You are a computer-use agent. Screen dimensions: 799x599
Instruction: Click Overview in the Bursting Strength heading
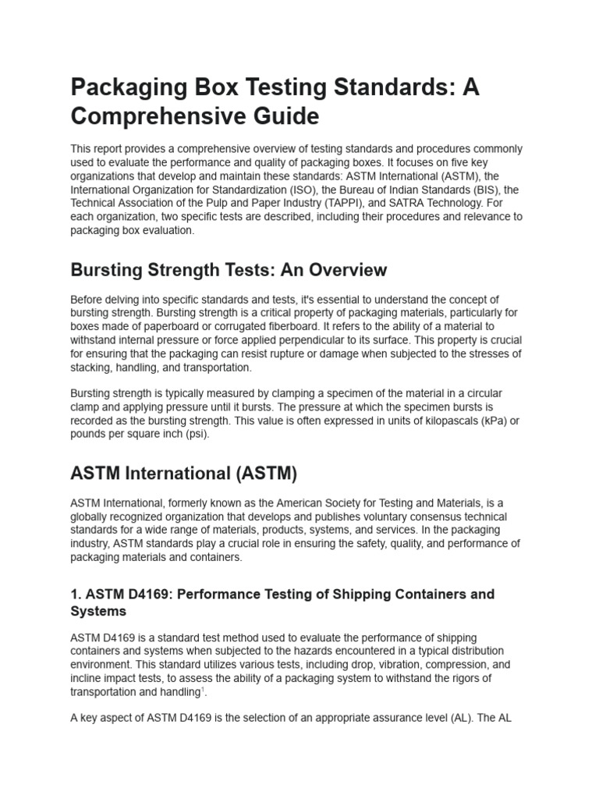(343, 270)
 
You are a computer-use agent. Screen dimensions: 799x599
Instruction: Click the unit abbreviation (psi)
(194, 435)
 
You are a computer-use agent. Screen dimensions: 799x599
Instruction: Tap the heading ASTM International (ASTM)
(183, 474)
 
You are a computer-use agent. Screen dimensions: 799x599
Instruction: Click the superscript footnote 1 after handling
(202, 689)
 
